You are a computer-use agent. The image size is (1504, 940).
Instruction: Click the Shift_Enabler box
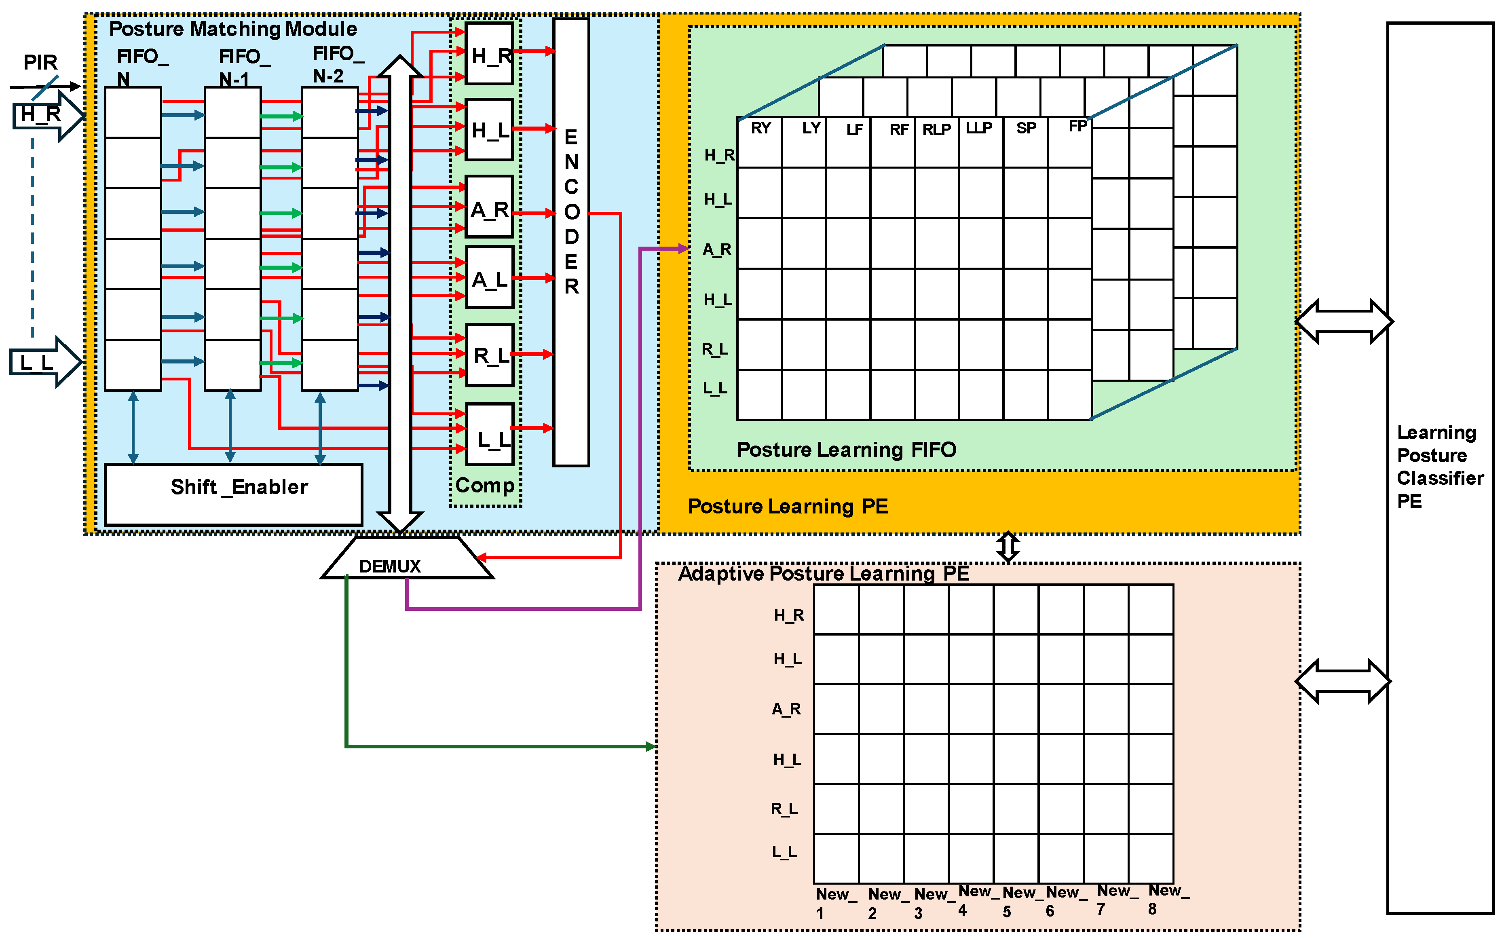[x=234, y=494]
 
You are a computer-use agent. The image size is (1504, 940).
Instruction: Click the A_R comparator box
[x=489, y=207]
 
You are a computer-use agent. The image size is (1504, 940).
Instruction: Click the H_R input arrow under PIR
[x=45, y=115]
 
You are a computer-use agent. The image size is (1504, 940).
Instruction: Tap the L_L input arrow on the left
[x=42, y=362]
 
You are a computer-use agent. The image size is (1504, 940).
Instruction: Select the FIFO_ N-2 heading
[x=336, y=64]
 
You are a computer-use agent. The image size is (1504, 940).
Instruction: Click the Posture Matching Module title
[x=232, y=29]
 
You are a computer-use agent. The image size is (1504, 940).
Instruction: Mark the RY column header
[x=761, y=128]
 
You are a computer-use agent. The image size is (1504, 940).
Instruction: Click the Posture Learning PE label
[x=788, y=506]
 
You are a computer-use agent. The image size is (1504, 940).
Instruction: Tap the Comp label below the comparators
[x=485, y=485]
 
